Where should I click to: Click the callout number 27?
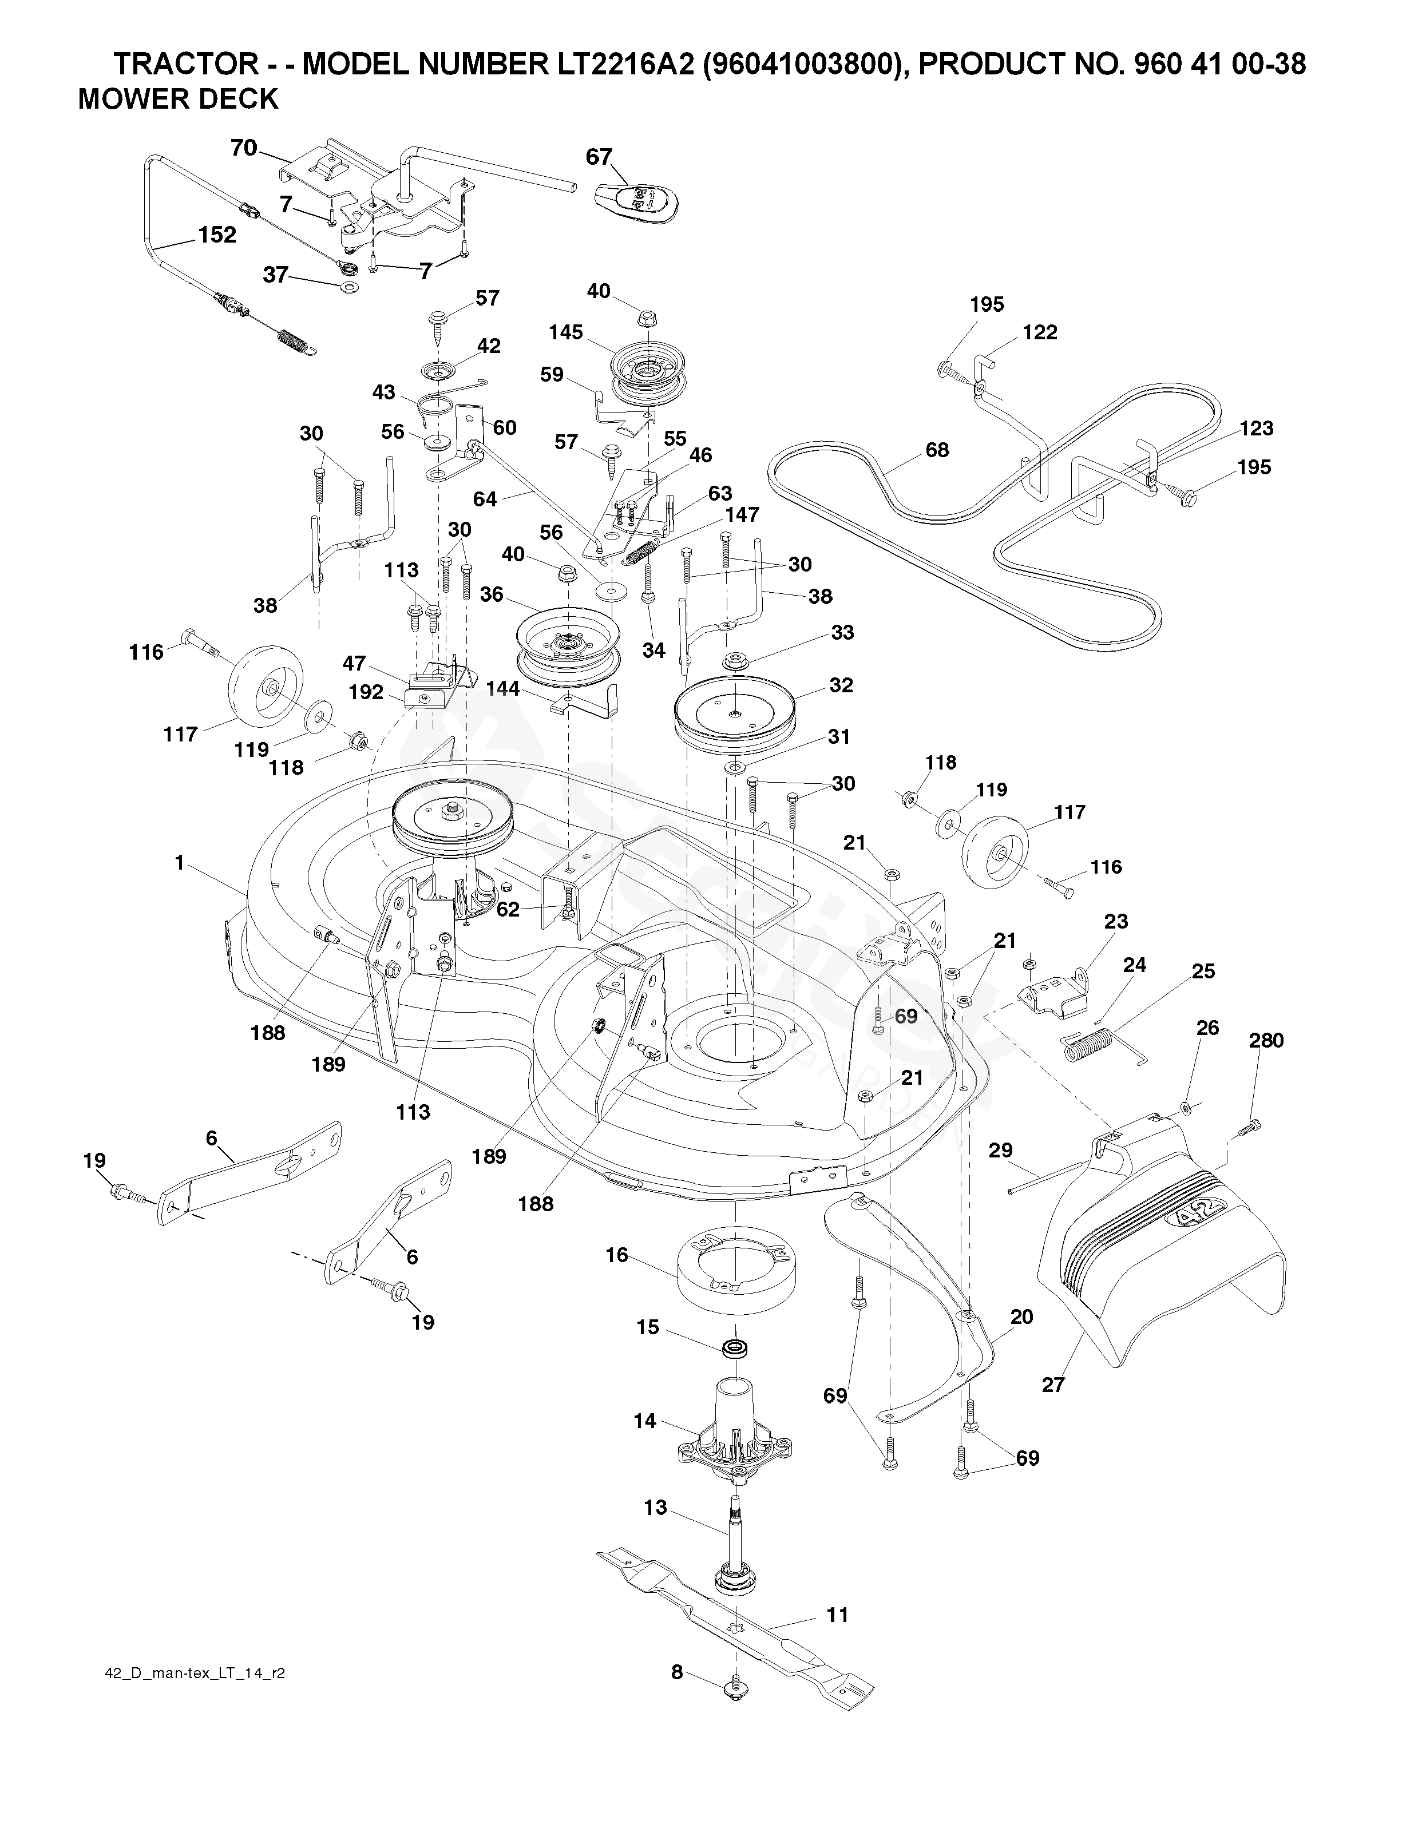click(x=1053, y=1385)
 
